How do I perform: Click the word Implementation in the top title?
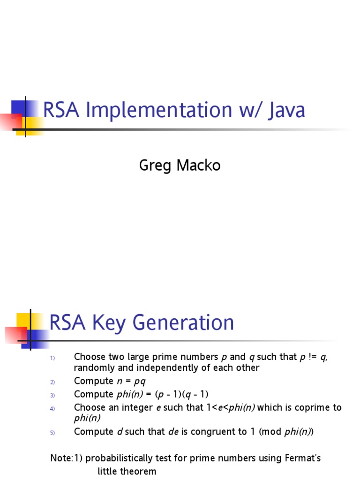click(x=159, y=111)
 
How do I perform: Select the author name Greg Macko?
click(x=180, y=165)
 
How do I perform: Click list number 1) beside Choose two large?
click(x=53, y=359)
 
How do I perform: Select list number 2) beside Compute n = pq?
click(x=53, y=382)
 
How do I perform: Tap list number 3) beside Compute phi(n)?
click(x=53, y=395)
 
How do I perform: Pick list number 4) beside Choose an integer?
click(x=53, y=408)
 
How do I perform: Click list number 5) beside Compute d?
click(x=53, y=433)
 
